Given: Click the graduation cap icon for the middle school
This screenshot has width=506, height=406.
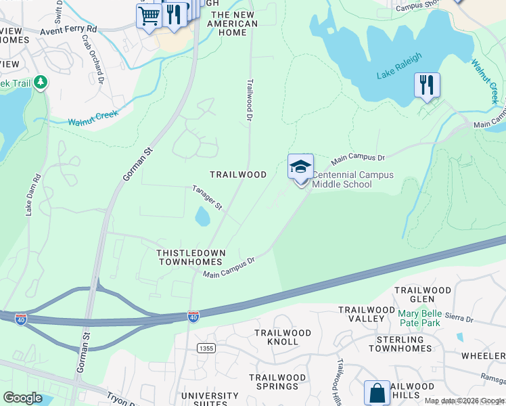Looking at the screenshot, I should (300, 166).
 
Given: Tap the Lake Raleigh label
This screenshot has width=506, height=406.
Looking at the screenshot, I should (399, 66).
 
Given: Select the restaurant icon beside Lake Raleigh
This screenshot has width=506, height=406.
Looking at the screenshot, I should (427, 85).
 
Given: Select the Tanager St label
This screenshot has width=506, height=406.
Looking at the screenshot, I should (206, 197).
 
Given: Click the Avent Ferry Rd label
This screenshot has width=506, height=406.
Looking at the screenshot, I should (68, 30).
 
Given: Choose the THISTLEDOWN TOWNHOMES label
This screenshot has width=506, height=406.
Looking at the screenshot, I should (189, 257).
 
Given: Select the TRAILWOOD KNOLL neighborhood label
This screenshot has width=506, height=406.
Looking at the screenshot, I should (283, 337).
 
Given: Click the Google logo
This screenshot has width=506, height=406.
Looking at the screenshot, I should (22, 398).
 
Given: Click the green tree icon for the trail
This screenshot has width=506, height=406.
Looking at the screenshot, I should (41, 83).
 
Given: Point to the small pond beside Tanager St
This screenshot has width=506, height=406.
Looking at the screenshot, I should (202, 217).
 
